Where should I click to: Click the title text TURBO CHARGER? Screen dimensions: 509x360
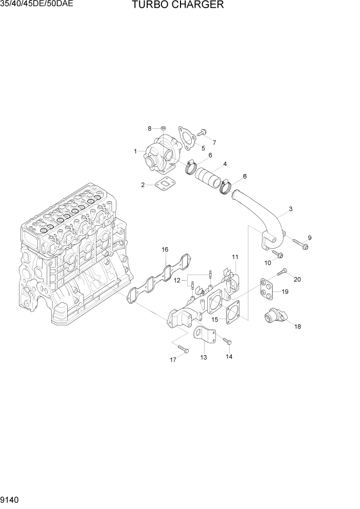pyautogui.click(x=177, y=6)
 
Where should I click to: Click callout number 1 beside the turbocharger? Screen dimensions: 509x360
pyautogui.click(x=135, y=151)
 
